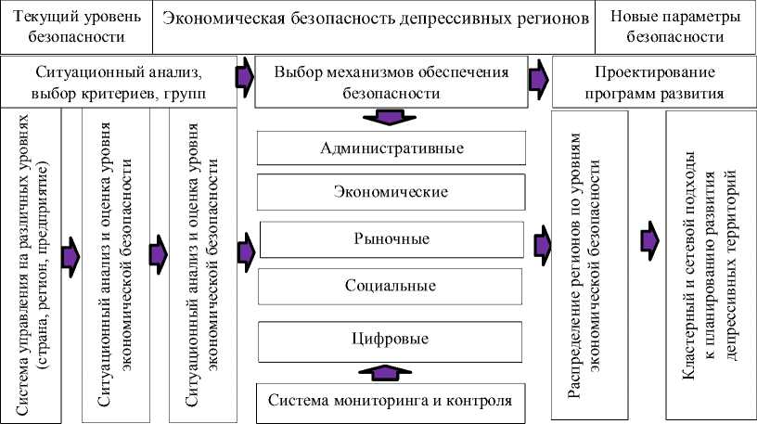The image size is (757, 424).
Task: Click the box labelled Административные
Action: point(391,149)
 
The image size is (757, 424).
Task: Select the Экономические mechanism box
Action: point(391,192)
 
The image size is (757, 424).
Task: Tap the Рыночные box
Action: point(391,238)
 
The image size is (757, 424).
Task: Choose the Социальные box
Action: point(391,284)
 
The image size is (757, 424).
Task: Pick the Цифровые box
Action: point(391,339)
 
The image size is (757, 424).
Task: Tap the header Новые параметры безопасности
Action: point(675,28)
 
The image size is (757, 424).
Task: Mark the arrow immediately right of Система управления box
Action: point(71,254)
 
